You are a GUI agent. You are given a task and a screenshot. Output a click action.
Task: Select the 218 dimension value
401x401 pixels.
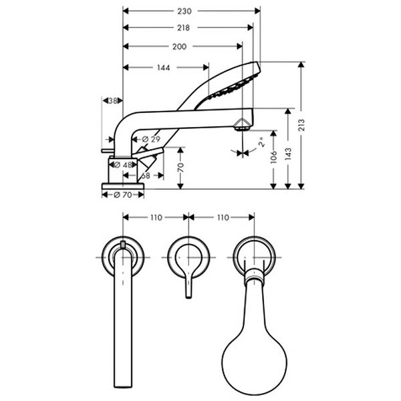[185, 28]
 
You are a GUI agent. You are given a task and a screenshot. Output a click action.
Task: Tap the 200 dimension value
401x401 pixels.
[179, 47]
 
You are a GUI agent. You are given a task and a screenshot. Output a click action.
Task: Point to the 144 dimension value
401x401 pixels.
[164, 68]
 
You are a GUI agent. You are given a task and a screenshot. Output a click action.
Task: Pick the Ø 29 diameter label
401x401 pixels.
[152, 139]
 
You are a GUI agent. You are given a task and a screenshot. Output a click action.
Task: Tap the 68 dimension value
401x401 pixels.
[145, 175]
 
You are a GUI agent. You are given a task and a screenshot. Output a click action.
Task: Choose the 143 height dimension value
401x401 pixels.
[288, 153]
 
